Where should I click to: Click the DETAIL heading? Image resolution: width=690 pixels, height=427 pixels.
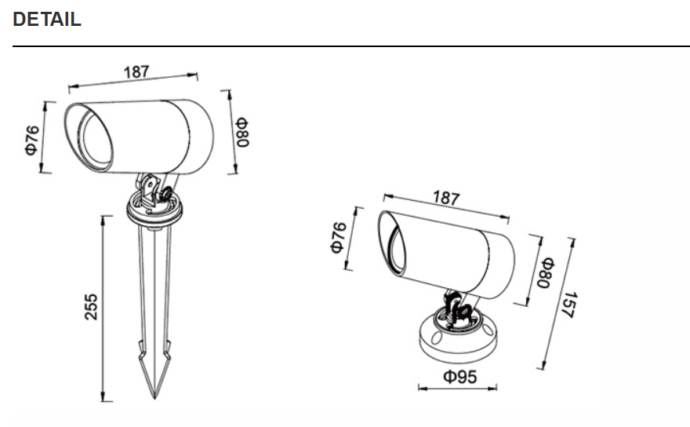[47, 20]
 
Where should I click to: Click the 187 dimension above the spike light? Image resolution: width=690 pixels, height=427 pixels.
[136, 72]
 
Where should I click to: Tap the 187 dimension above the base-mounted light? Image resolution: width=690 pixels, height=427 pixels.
[446, 198]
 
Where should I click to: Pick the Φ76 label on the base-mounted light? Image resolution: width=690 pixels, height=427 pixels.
[338, 237]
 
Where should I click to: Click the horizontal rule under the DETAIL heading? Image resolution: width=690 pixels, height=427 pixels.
[345, 46]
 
